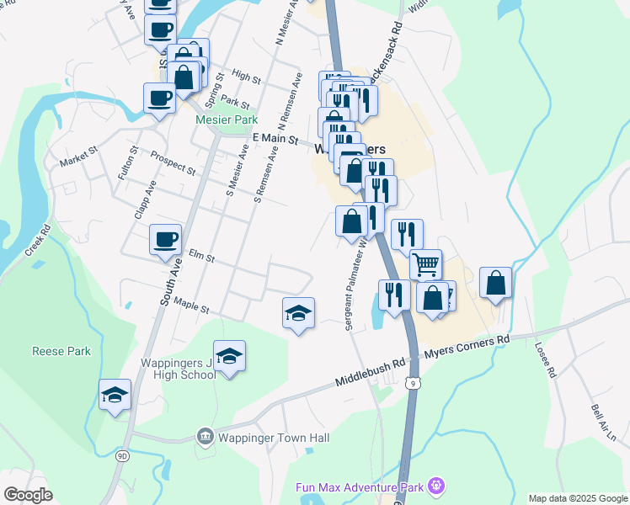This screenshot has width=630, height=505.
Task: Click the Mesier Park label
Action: point(226,120)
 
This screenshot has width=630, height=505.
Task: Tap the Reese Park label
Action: point(61,351)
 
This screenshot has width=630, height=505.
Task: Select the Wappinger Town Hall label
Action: point(272,437)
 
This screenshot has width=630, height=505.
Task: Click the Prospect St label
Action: point(173,162)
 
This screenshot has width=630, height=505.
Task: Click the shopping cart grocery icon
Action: point(426,264)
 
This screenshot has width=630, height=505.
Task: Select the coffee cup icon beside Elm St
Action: point(165,239)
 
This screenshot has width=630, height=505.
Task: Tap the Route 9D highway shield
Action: point(122,456)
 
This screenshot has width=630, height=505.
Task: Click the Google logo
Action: point(28,494)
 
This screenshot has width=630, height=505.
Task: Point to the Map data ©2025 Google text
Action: point(577,498)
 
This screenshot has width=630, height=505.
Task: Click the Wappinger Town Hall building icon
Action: point(204,436)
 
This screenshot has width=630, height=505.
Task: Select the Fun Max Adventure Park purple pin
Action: point(435,486)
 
